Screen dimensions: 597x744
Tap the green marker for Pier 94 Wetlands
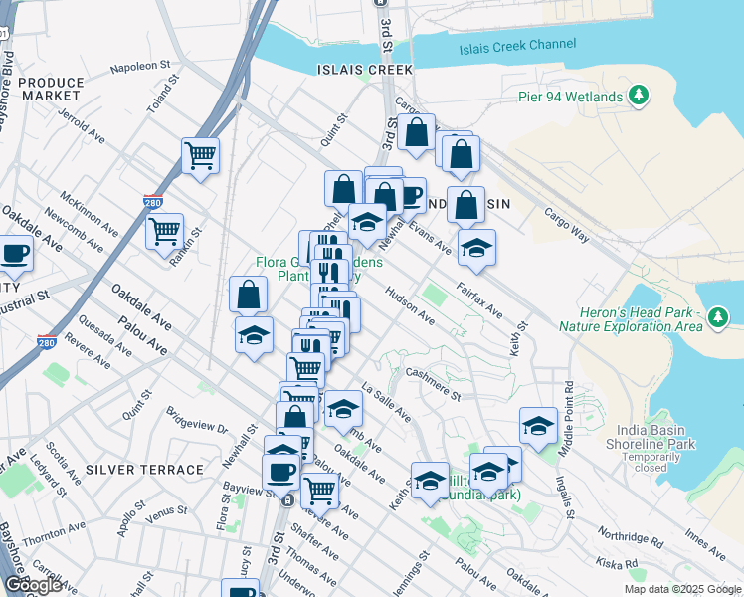click(639, 96)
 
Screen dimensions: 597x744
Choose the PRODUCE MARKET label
click(51, 89)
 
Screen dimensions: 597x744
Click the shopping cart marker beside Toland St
click(200, 155)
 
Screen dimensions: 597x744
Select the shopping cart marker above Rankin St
click(164, 232)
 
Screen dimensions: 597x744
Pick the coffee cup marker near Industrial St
click(14, 255)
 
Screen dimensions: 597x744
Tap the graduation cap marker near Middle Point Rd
click(538, 426)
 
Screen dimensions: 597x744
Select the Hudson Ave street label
click(410, 312)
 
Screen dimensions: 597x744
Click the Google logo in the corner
click(34, 585)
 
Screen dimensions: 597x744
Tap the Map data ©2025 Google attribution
click(681, 589)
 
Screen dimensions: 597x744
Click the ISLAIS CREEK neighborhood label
click(364, 70)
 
